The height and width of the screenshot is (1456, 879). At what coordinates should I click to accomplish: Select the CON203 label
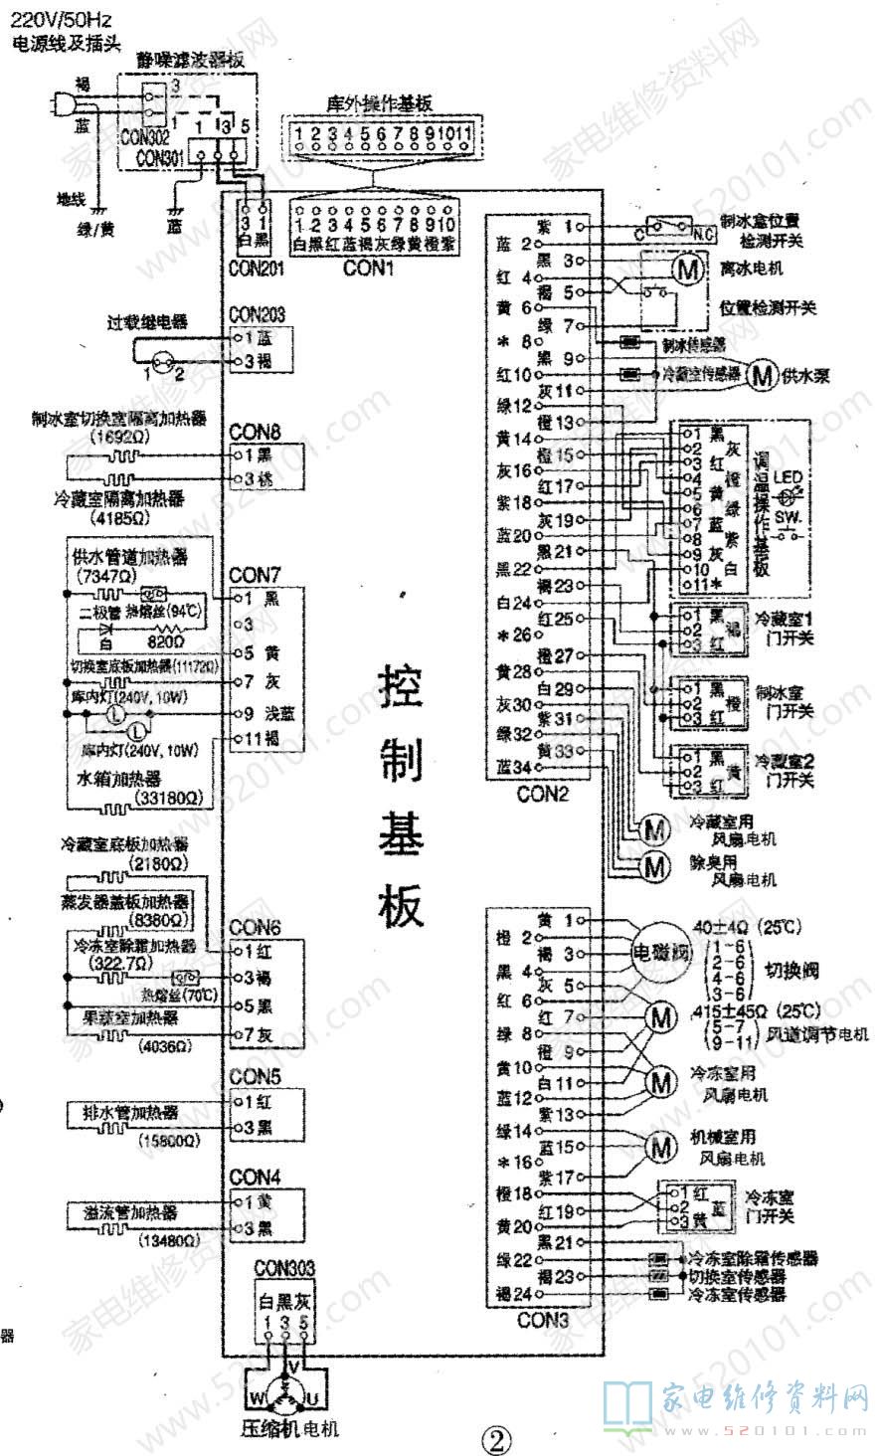click(x=257, y=314)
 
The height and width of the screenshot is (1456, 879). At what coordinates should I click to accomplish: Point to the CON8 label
click(x=256, y=433)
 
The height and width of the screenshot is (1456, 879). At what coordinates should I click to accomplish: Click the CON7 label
click(x=256, y=575)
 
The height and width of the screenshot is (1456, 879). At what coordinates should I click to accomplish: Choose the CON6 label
click(x=256, y=928)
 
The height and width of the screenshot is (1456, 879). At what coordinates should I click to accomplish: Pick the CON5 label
click(x=256, y=1077)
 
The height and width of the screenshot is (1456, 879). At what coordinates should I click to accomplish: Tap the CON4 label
click(x=256, y=1177)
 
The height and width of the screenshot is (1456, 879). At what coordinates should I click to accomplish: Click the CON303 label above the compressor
click(x=284, y=1268)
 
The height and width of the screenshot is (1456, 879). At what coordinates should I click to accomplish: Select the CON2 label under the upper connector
click(x=543, y=795)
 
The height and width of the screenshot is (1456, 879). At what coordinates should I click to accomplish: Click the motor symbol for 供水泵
click(x=763, y=375)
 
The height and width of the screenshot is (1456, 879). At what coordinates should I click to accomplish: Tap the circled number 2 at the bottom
click(x=495, y=1439)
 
